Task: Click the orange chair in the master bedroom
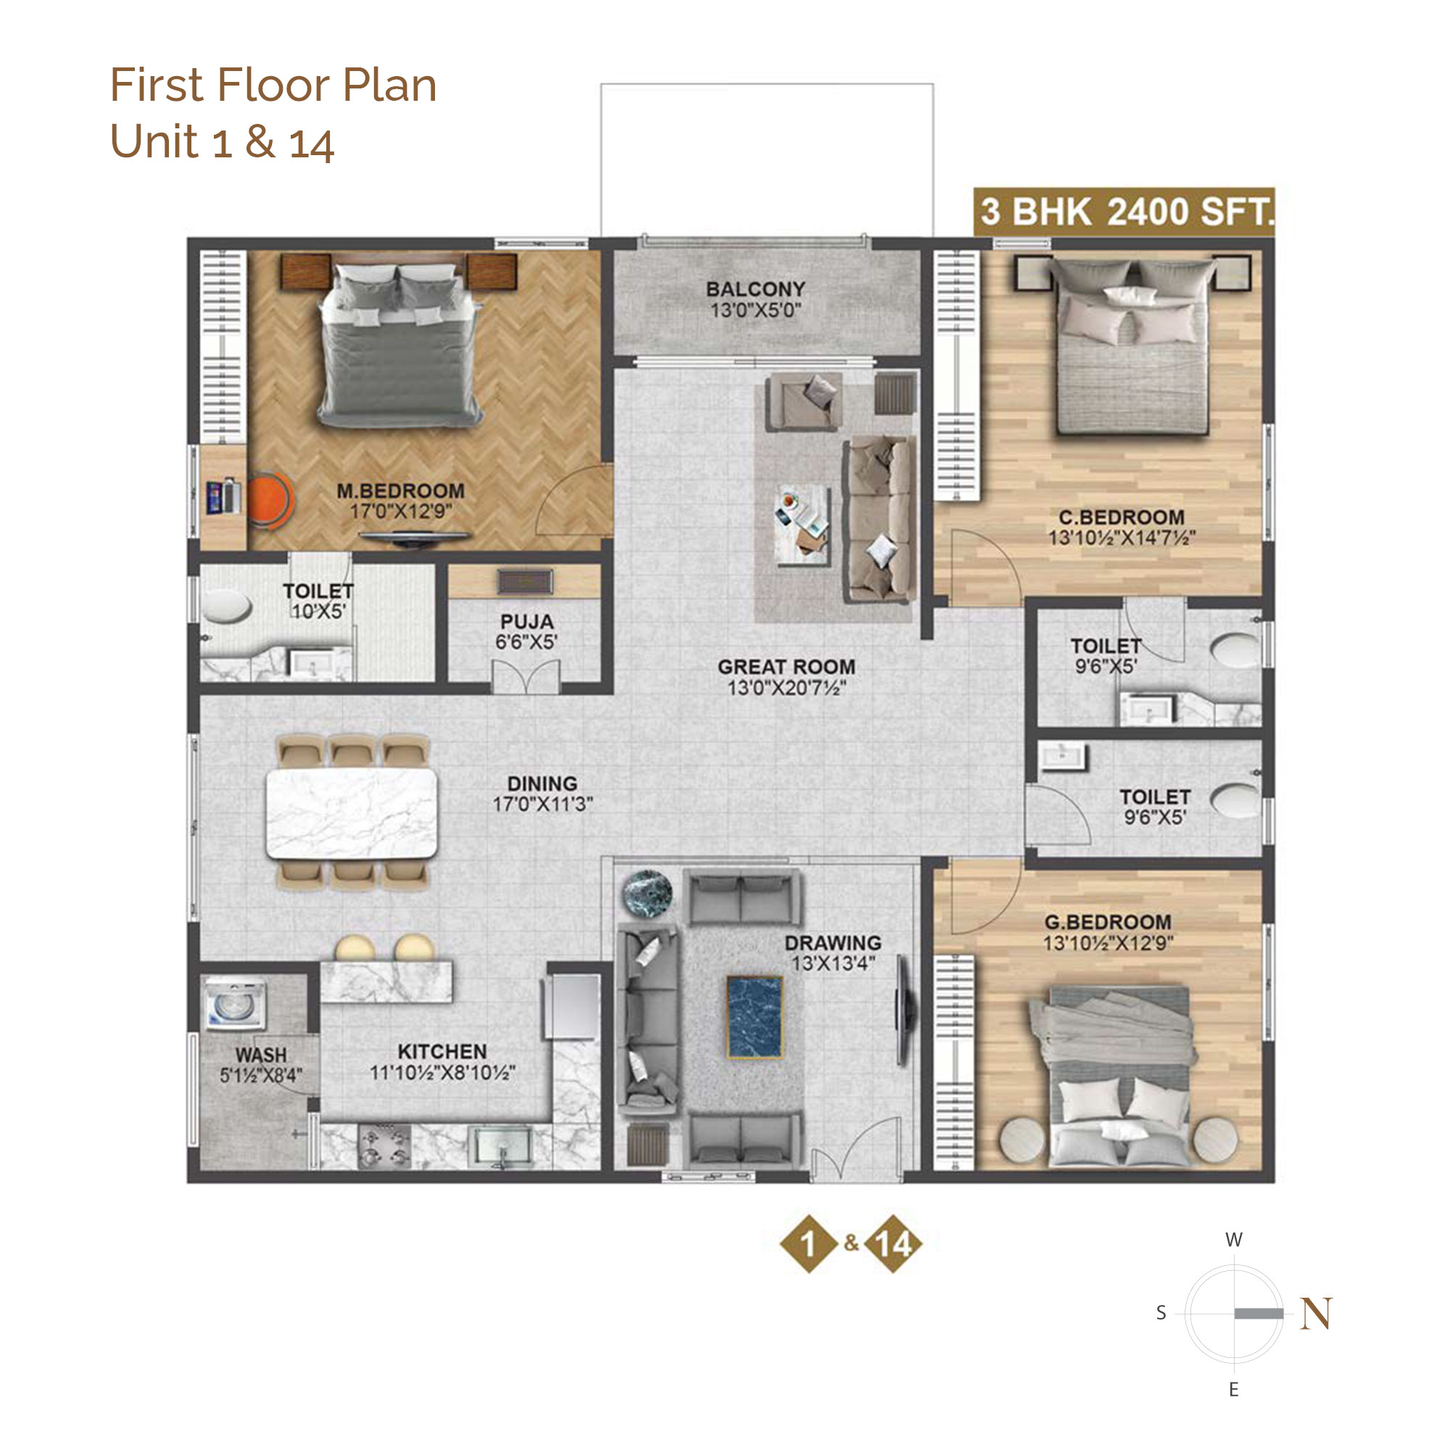(x=269, y=499)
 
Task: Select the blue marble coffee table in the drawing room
(x=755, y=1017)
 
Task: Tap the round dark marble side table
(x=647, y=893)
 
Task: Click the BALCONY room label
(x=755, y=289)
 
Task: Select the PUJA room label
(x=527, y=621)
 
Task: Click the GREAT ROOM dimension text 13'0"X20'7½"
(x=787, y=687)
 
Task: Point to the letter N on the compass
(x=1317, y=1314)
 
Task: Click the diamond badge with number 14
(x=892, y=1243)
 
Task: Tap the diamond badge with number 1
(x=808, y=1243)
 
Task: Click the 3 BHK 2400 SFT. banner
(x=1124, y=212)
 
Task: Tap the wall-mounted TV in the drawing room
(x=905, y=1010)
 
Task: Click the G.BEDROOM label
(x=1108, y=922)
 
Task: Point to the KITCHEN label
(x=442, y=1051)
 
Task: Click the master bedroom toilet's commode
(x=227, y=606)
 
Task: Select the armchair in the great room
(x=803, y=402)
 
